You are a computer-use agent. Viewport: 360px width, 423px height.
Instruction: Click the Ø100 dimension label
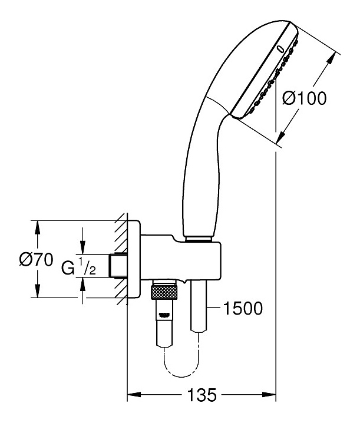(303, 98)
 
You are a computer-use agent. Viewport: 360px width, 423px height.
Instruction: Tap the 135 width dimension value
(202, 394)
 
